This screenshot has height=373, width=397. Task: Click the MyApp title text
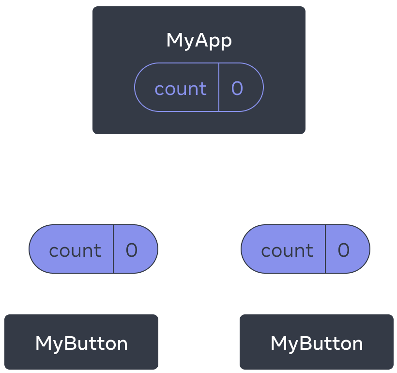pos(199,41)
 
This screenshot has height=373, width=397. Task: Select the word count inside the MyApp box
pos(181,89)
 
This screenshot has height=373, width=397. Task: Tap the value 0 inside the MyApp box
pos(237,88)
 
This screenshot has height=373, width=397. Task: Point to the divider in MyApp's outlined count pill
pos(219,87)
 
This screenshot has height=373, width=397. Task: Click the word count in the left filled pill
pos(75,251)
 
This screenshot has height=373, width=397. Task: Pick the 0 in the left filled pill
pos(132,250)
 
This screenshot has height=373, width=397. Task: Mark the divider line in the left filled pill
pos(113,249)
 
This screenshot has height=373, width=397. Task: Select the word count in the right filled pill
pos(287,251)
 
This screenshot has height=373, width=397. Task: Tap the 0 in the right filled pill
pos(344,250)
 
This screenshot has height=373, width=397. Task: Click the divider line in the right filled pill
pos(325,249)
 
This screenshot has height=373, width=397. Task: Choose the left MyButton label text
pos(81,343)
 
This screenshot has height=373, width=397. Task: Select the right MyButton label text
pos(317,343)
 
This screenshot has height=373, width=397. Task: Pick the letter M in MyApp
pos(174,40)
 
